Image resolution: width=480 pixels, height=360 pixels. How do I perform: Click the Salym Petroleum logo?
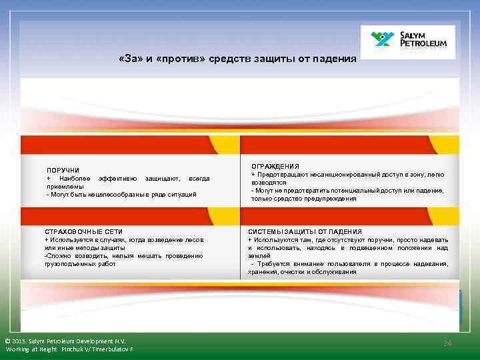pos(408,42)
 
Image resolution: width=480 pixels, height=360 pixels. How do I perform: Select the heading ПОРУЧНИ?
pos(63,171)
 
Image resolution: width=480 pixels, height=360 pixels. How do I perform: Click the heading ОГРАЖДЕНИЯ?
pos(275,166)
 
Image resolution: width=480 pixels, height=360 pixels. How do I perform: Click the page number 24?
pos(447,343)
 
